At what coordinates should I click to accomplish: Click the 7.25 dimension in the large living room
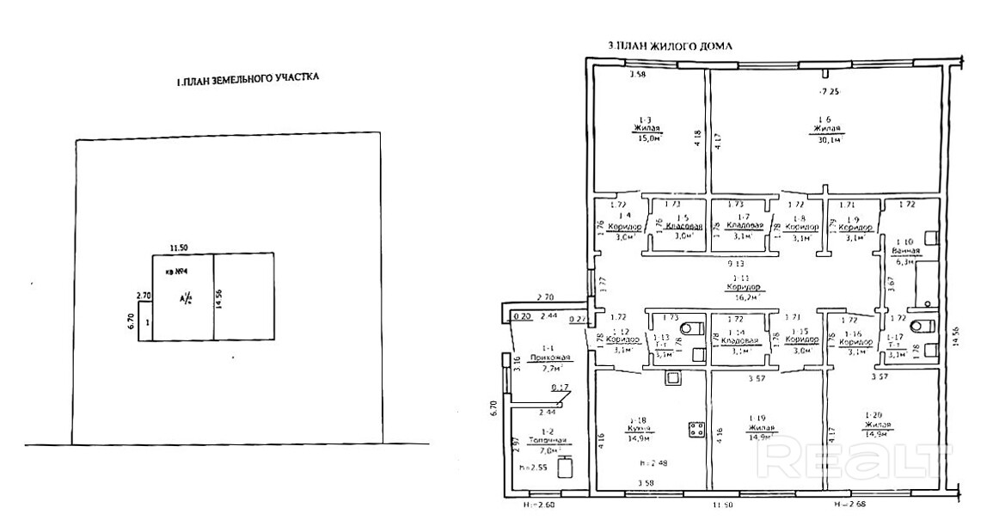coord(827,91)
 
